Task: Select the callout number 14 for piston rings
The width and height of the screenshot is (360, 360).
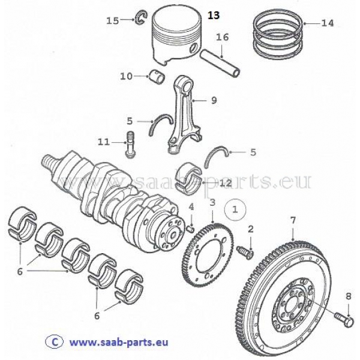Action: (327, 24)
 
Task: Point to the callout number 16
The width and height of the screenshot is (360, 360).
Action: (222, 37)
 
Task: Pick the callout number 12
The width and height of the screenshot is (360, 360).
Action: (226, 182)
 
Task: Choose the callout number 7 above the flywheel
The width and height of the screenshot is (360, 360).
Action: (292, 220)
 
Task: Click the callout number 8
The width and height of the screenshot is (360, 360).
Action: (348, 295)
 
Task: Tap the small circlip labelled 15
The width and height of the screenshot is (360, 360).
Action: (142, 20)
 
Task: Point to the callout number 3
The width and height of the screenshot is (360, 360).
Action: (212, 203)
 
